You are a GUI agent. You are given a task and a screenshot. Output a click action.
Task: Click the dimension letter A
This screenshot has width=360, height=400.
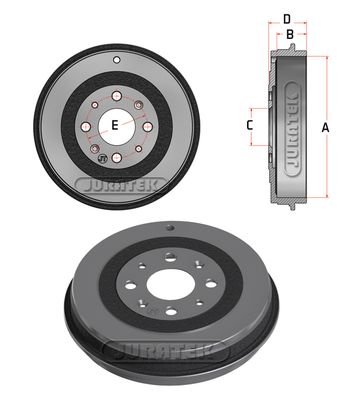coord(326,127)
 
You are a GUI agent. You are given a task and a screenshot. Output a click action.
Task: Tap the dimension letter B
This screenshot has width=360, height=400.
coord(289,35)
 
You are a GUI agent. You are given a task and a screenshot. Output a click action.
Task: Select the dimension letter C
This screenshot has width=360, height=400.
coord(250,125)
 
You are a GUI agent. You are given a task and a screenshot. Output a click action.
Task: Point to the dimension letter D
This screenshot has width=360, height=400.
coord(286,18)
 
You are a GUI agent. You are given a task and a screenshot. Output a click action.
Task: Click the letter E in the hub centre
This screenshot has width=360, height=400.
coord(115,124)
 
